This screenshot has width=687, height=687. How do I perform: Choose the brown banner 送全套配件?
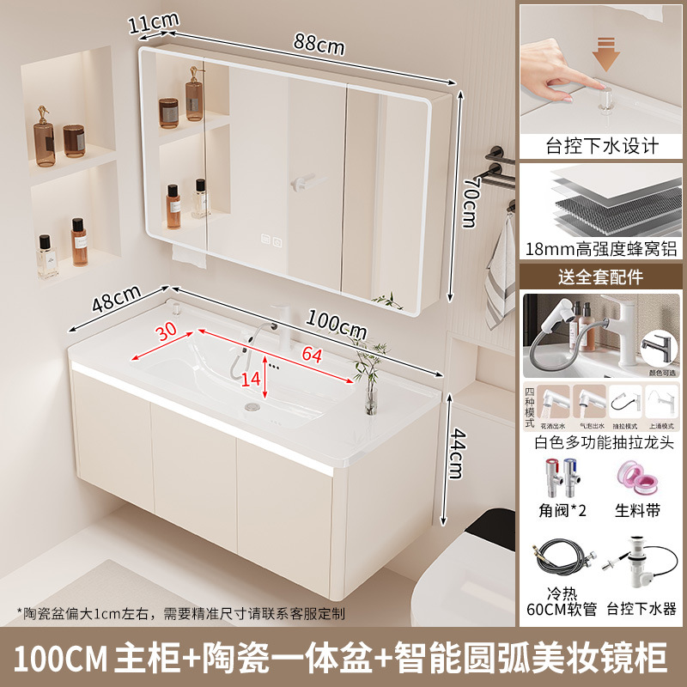tap(601, 277)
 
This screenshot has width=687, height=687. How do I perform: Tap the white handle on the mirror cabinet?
tap(303, 182)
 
